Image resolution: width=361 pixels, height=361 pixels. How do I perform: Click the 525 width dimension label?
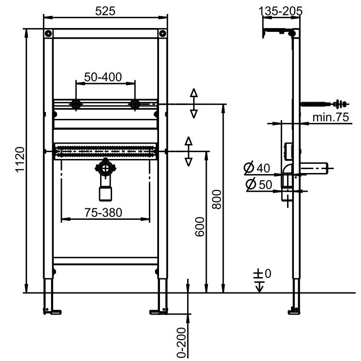tap(105, 11)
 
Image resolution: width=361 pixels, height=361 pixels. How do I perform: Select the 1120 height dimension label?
tap(20, 159)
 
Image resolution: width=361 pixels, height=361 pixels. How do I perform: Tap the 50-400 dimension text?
tap(103, 77)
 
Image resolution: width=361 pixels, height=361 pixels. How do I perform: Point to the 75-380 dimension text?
tap(103, 213)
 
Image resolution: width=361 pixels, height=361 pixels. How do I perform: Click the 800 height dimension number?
tap(217, 200)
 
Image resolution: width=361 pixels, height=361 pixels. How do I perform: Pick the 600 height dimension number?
tap(200, 227)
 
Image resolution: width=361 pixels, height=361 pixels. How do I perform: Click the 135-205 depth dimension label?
tap(280, 11)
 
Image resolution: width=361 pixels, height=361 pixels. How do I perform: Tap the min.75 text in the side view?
tap(331, 117)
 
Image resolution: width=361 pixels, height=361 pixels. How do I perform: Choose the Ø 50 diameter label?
tap(259, 184)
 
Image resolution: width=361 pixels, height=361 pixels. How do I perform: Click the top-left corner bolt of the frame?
tap(48, 33)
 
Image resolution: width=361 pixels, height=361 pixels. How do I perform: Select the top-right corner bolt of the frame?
tap(162, 33)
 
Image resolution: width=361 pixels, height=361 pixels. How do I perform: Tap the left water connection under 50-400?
tap(76, 104)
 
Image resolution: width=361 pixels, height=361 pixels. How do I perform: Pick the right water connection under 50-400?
tap(135, 104)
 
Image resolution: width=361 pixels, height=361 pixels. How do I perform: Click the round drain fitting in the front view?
tap(105, 168)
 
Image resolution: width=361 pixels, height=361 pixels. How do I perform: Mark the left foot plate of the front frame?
tap(53, 312)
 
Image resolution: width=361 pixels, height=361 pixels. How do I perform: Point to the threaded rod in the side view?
tap(324, 104)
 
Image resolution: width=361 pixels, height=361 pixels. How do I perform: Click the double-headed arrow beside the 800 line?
tap(194, 103)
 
